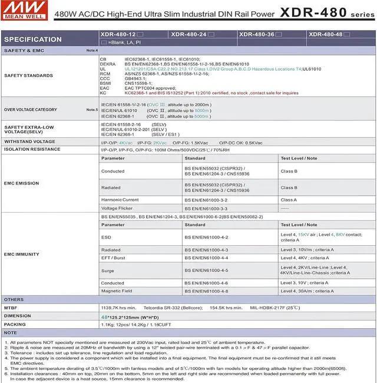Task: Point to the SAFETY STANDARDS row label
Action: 28,75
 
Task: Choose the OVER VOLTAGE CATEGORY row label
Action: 31,110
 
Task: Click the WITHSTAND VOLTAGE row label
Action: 29,142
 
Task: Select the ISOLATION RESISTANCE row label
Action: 32,150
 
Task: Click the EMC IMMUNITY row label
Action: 22,254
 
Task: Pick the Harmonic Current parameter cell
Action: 120,200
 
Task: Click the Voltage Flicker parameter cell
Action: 117,208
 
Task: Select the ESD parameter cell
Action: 106,237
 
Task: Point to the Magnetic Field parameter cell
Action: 117,291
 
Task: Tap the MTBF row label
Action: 11,308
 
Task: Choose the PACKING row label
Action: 15,324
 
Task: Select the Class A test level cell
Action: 289,200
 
